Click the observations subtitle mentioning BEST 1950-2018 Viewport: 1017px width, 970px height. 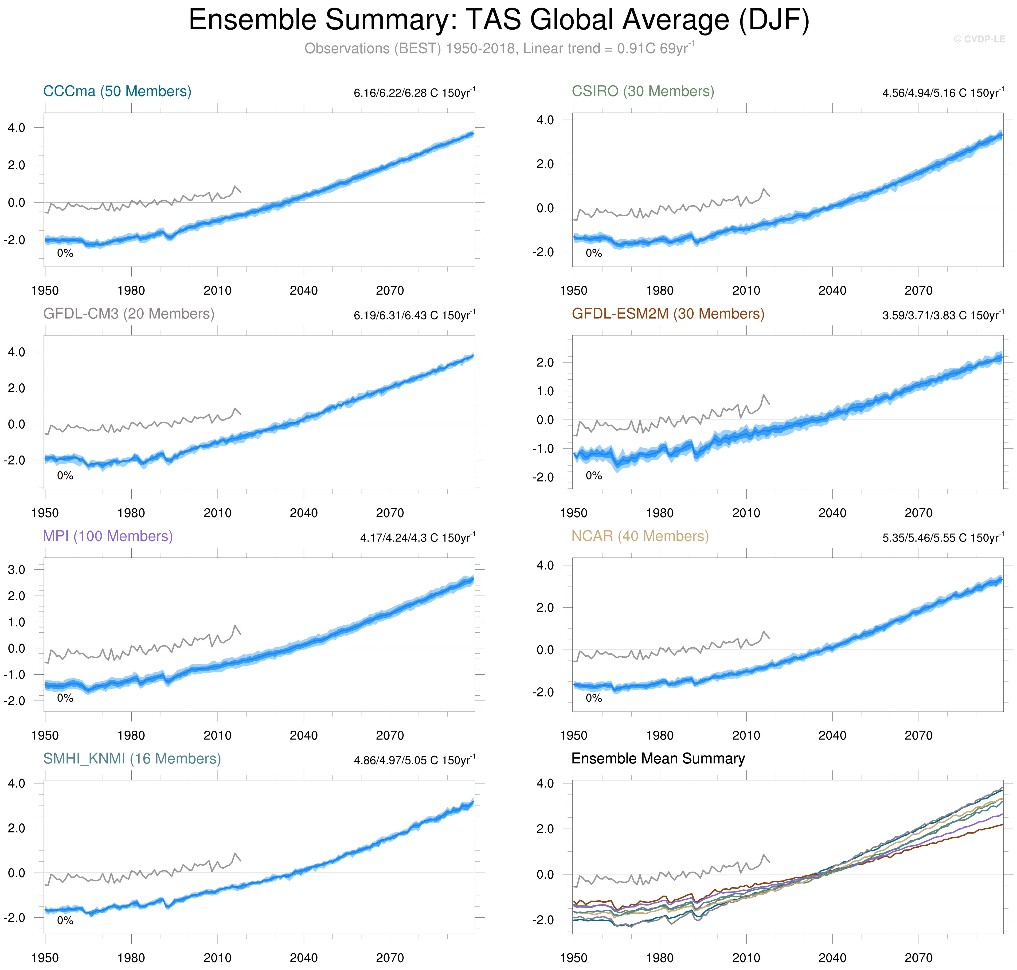click(x=499, y=49)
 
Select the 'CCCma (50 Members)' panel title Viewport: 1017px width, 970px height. click(x=117, y=92)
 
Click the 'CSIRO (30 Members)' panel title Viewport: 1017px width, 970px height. click(x=642, y=92)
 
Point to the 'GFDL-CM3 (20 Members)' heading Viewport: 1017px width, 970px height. click(x=128, y=314)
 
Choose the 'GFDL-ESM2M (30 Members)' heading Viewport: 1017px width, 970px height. click(x=667, y=314)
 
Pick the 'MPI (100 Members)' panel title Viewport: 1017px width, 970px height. click(x=108, y=536)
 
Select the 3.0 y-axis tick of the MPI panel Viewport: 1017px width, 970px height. click(x=16, y=570)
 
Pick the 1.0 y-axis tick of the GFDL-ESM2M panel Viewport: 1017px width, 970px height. click(x=545, y=391)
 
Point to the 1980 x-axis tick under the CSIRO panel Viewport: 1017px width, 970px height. click(x=660, y=291)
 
